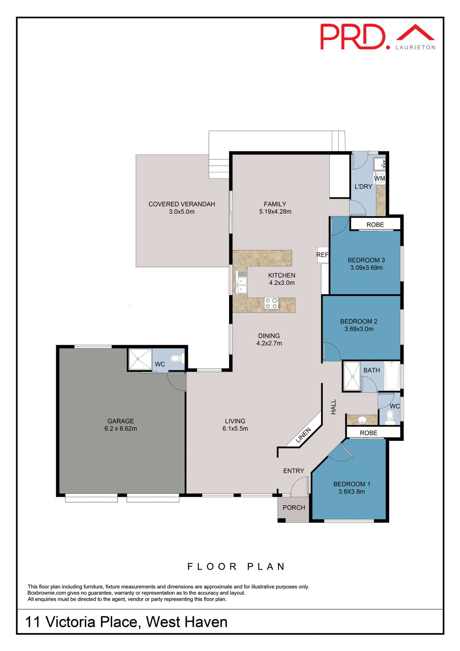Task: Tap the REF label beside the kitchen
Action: pos(322,255)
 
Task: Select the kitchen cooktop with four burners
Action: pos(271,303)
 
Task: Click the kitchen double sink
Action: pos(242,285)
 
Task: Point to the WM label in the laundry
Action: pos(379,178)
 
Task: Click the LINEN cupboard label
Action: pos(303,435)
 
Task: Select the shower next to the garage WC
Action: pos(140,359)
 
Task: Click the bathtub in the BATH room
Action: pos(392,375)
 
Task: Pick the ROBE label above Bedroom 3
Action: pos(375,225)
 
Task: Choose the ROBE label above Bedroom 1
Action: pos(368,433)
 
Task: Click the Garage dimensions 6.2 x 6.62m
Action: pos(121,429)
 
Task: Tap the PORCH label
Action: pos(294,508)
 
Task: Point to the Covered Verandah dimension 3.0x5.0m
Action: pos(182,212)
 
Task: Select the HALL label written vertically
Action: pos(334,407)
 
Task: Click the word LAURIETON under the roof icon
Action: pos(415,47)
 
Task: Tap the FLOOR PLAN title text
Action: pos(237,567)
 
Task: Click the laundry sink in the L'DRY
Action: pos(379,164)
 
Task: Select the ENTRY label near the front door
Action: pos(294,471)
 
